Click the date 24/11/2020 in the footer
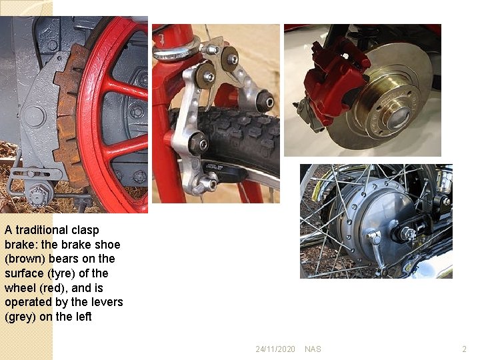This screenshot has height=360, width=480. click(x=275, y=349)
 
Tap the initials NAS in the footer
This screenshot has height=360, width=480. click(x=313, y=349)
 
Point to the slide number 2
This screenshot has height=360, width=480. click(x=465, y=349)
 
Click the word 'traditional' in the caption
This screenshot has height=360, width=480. click(x=41, y=230)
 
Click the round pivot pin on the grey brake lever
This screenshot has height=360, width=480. click(x=34, y=116)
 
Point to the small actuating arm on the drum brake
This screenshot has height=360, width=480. click(x=378, y=251)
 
